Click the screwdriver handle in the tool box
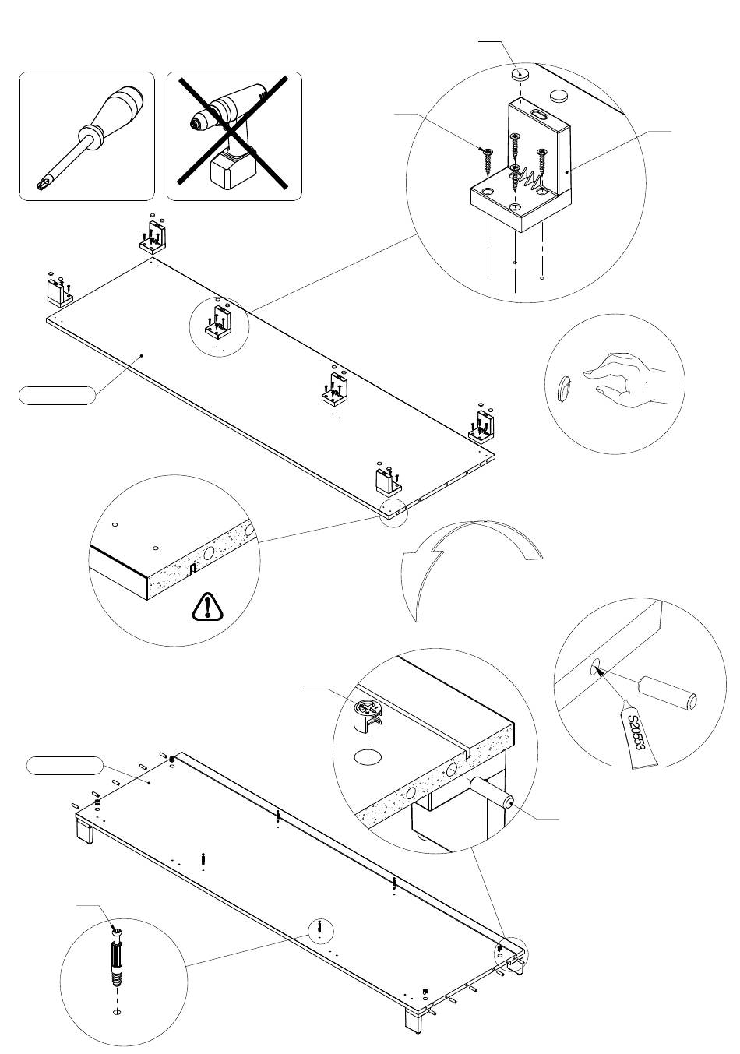(x=119, y=108)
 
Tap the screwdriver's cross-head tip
(x=42, y=184)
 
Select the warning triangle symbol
(x=207, y=607)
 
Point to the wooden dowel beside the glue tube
(x=667, y=693)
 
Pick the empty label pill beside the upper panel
(x=57, y=395)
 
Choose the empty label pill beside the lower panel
(x=65, y=766)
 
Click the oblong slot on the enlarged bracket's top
(x=539, y=114)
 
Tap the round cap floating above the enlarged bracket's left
(x=520, y=74)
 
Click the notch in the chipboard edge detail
(x=192, y=569)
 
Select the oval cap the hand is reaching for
(x=565, y=387)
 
